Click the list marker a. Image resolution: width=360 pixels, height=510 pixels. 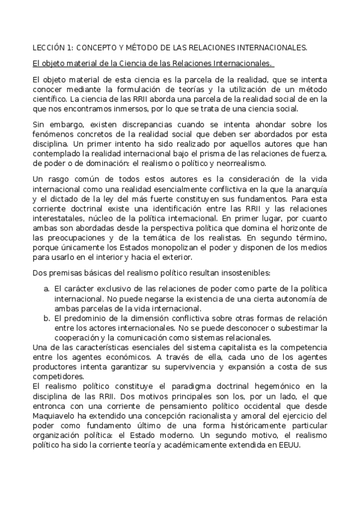click(46, 289)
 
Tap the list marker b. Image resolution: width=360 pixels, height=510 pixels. click(46, 318)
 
